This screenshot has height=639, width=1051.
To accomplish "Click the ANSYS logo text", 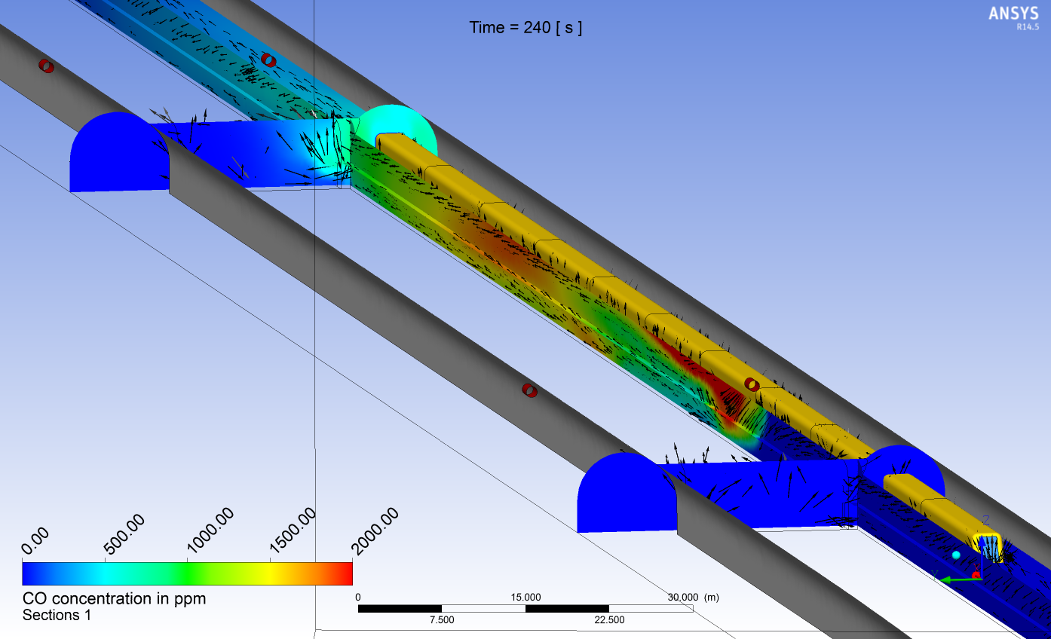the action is pos(1013,13).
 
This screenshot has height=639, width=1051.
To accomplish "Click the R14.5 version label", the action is pos(1028,27).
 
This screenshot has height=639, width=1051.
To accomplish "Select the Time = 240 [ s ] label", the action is pos(525,28).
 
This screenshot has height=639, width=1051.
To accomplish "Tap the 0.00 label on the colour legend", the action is pos(35,540).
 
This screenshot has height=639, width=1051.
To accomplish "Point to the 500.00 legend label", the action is pos(124,534).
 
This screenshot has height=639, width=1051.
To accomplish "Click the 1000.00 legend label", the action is pos(210,530).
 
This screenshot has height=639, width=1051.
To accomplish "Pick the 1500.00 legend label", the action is pos(293,530).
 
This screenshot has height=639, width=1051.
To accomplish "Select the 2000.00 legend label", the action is pos(375,530).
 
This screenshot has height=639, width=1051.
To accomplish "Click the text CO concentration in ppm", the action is pos(114,598).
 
